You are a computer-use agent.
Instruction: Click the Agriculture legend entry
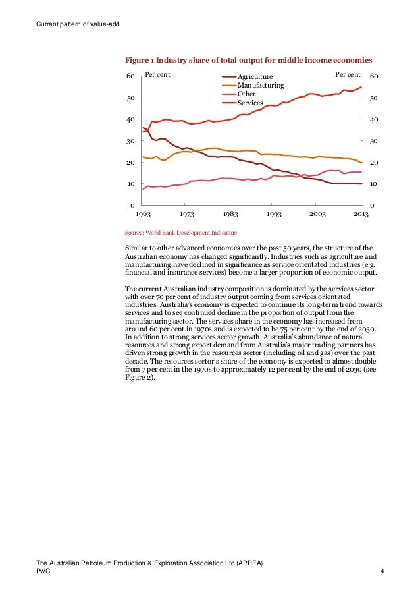click(255, 77)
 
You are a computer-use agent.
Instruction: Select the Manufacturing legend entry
click(260, 86)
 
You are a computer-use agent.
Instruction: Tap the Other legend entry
click(246, 94)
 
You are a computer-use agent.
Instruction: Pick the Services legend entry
click(250, 103)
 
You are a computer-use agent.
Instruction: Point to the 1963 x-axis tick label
click(143, 214)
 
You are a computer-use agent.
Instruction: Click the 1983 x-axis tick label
click(230, 214)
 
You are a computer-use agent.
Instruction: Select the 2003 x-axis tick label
click(317, 214)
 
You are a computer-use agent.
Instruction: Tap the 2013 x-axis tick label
click(361, 214)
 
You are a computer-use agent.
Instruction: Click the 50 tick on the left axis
click(130, 98)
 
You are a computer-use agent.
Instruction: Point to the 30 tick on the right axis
click(374, 141)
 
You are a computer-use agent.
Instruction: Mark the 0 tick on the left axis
click(132, 205)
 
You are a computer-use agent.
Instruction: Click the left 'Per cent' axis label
click(157, 75)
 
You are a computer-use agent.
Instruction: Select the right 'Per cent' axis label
click(348, 75)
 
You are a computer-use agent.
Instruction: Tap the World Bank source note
click(181, 233)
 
